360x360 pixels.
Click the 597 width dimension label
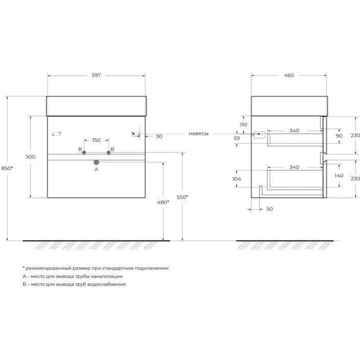click(97, 76)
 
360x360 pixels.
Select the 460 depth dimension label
click(289, 76)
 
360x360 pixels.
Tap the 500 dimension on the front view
click(30, 157)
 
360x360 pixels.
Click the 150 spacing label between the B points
click(97, 140)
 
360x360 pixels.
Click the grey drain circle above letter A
click(97, 161)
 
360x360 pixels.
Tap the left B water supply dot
click(84, 152)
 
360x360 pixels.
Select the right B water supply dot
click(109, 152)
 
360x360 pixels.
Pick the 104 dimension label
click(237, 179)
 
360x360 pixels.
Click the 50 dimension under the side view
click(270, 208)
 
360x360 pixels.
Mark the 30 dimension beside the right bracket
click(158, 136)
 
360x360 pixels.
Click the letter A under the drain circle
click(97, 169)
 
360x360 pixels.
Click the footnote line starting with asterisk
click(95, 268)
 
